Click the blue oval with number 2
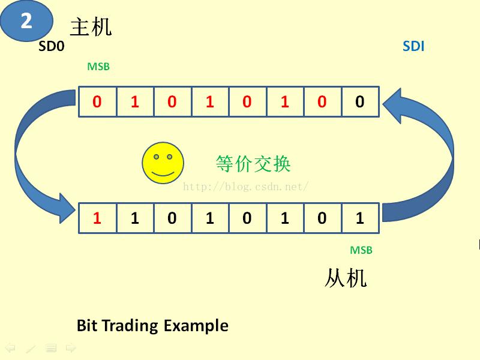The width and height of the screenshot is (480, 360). tap(26, 22)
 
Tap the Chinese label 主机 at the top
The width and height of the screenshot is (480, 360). tap(91, 27)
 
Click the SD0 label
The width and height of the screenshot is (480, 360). tap(51, 46)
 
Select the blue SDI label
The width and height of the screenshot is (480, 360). tap(413, 46)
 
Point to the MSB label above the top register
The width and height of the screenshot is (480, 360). tap(98, 67)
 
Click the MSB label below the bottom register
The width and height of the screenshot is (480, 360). tap(361, 250)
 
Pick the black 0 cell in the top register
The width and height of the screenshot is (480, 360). tap(360, 102)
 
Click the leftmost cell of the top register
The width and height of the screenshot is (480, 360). tap(97, 102)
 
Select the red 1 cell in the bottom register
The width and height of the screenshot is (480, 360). tap(97, 218)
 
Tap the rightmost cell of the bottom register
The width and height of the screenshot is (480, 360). tap(360, 218)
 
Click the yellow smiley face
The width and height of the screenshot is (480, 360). tap(162, 163)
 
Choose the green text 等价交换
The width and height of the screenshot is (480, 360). tap(253, 163)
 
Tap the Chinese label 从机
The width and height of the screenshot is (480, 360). tap(346, 278)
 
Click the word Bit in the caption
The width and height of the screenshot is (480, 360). tap(87, 326)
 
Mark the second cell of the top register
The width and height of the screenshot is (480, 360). tap(134, 102)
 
